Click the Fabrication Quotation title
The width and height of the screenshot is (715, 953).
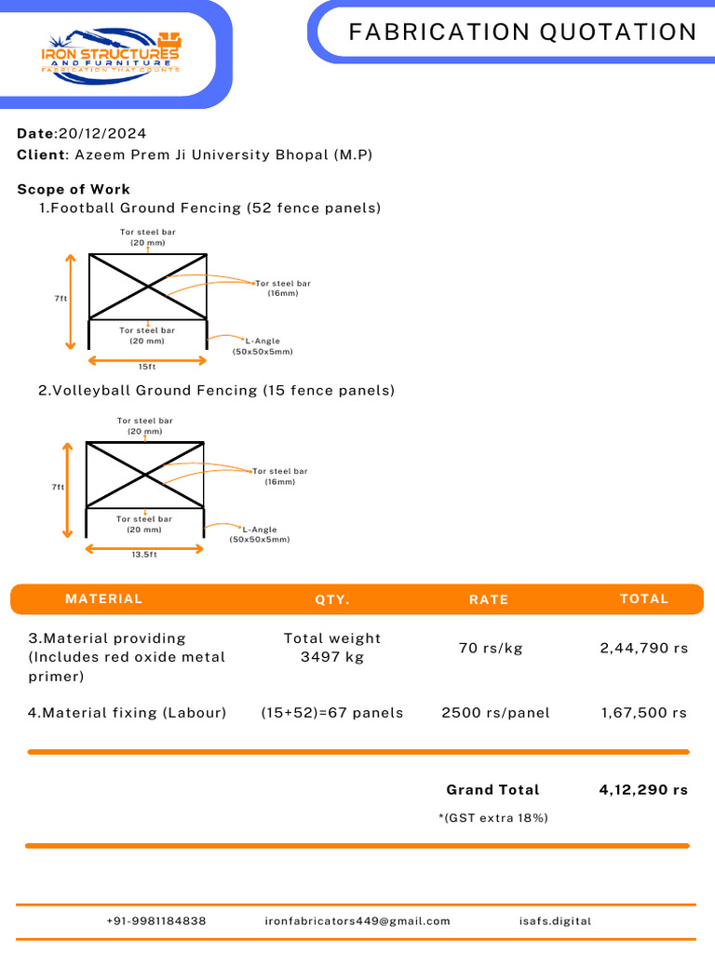pyautogui.click(x=523, y=32)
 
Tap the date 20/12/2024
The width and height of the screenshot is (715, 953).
pyautogui.click(x=102, y=134)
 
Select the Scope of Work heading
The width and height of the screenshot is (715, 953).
pyautogui.click(x=74, y=189)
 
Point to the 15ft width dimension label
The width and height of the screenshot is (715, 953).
pyautogui.click(x=147, y=367)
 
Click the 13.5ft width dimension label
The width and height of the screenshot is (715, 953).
pyautogui.click(x=144, y=555)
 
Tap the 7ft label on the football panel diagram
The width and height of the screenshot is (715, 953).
pyautogui.click(x=61, y=299)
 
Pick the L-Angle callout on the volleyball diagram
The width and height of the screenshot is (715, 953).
pyautogui.click(x=260, y=534)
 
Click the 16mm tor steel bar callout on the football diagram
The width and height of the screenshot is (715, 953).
pyautogui.click(x=283, y=289)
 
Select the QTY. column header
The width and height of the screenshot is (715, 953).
pyautogui.click(x=332, y=599)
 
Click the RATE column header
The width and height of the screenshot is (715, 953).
pyautogui.click(x=488, y=599)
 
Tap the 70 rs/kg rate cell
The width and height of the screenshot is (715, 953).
pyautogui.click(x=491, y=648)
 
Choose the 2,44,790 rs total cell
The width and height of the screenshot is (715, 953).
pyautogui.click(x=644, y=648)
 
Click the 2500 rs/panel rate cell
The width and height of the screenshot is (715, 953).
pyautogui.click(x=495, y=712)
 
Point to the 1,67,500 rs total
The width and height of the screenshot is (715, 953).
pyautogui.click(x=644, y=712)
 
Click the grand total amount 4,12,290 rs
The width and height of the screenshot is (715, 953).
pyautogui.click(x=643, y=789)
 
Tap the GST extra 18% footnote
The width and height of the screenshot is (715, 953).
pyautogui.click(x=493, y=818)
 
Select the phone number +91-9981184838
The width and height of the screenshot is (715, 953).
pyautogui.click(x=156, y=920)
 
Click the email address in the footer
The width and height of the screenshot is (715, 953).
pyautogui.click(x=357, y=920)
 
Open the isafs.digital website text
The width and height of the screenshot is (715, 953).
pyautogui.click(x=555, y=920)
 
